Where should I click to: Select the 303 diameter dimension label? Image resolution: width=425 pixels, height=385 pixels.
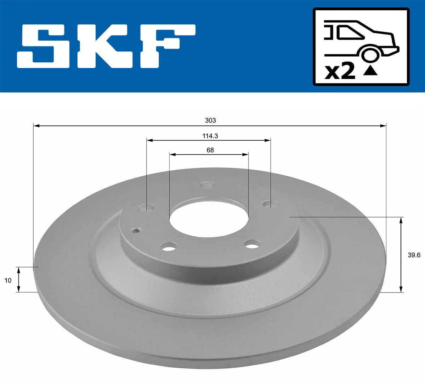tap(210, 120)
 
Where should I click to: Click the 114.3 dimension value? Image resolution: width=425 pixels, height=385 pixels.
tap(210, 136)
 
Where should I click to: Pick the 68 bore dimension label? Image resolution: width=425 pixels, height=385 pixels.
tap(210, 150)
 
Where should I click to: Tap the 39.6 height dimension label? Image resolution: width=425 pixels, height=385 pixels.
tap(413, 255)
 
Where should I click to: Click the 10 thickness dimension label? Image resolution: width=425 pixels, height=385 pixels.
tap(8, 281)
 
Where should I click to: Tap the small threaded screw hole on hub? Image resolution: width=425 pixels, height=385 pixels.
tap(136, 231)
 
